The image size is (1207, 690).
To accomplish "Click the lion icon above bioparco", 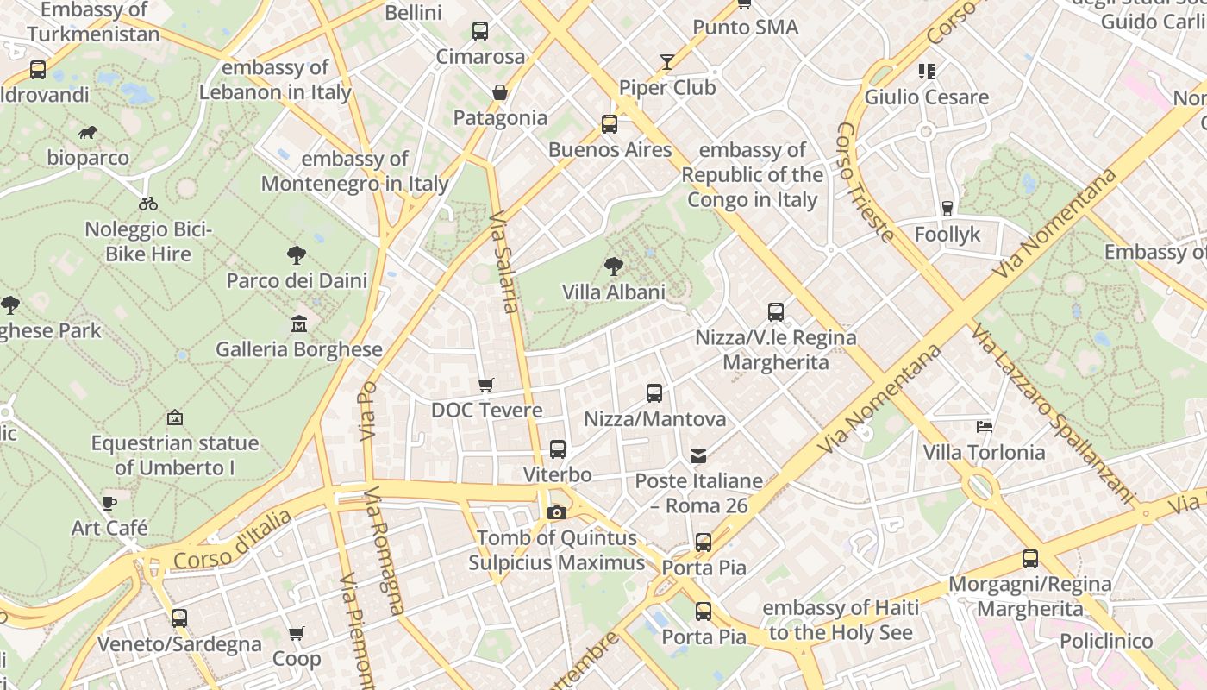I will point(88,132).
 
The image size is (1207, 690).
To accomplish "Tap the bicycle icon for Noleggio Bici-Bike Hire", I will point(148,204).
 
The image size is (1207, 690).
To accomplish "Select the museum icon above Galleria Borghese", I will point(298,323).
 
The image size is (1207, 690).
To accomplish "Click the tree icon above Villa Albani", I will point(613,266).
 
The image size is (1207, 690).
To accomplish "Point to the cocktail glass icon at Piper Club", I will point(667,62).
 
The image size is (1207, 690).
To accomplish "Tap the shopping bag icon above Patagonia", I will point(499,92).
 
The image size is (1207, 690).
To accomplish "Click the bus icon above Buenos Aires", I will point(610,124).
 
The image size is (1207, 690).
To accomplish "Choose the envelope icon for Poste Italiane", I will point(697,455).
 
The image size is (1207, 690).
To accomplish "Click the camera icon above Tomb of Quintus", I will point(556,513).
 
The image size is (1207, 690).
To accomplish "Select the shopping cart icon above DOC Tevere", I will point(486,385).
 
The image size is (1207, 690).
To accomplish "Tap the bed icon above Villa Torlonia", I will point(984,426).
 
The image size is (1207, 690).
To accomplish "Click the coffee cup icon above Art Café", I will point(109,502).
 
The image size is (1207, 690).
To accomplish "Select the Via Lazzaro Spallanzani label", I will point(1053,413).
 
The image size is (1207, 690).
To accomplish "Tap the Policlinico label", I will point(1106,641).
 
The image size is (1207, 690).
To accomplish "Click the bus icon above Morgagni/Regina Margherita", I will point(1030,559).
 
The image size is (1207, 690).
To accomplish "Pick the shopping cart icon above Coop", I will point(297,634).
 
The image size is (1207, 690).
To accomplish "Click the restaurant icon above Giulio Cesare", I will point(926,71).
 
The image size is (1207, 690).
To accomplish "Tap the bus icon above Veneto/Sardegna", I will point(179,618).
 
